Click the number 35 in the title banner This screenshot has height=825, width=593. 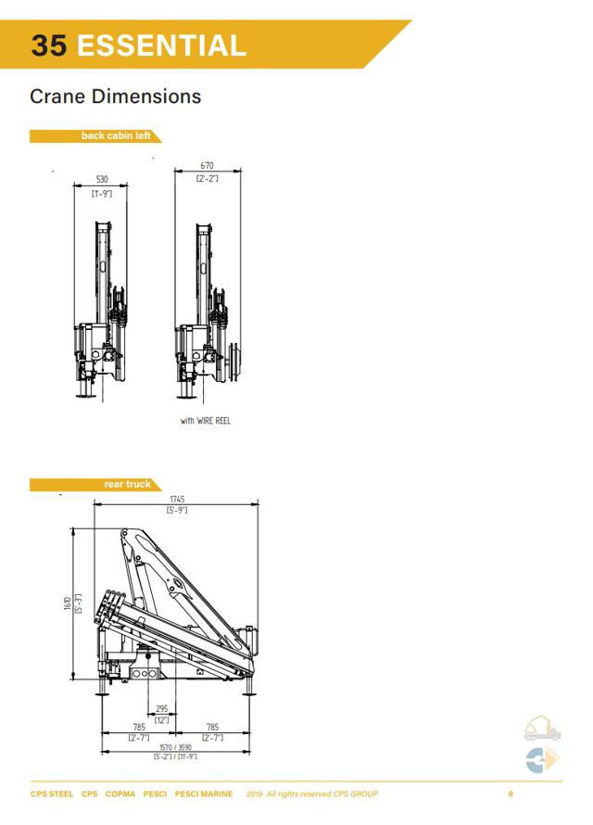click(x=49, y=44)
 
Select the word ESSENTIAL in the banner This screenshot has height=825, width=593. click(x=161, y=44)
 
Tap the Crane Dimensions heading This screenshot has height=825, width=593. click(x=115, y=96)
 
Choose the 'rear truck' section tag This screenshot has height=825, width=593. click(x=126, y=484)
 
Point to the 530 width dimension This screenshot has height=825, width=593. click(x=101, y=180)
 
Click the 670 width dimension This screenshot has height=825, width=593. click(x=207, y=166)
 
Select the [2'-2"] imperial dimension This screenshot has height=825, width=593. click(x=207, y=177)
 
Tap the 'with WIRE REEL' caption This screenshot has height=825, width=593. click(x=206, y=421)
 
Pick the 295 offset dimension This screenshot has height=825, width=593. click(x=161, y=708)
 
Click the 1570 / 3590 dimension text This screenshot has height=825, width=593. click(x=174, y=747)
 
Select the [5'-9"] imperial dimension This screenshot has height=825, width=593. click(x=177, y=510)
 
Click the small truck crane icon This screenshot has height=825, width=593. click(x=543, y=729)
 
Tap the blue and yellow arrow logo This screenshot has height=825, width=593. click(x=542, y=760)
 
